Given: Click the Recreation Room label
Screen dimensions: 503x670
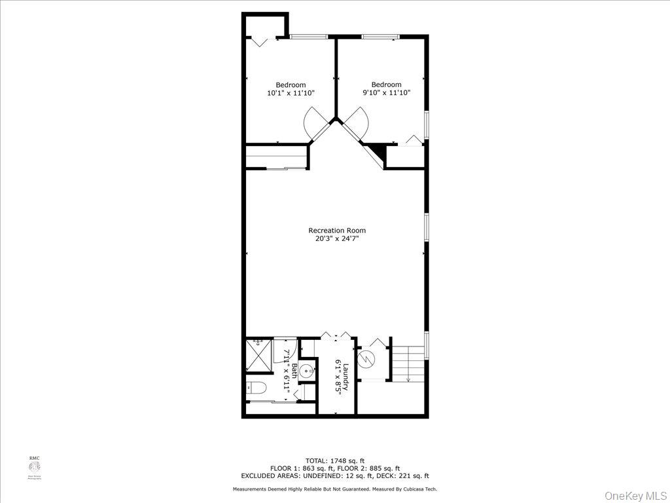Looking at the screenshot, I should pos(337,231).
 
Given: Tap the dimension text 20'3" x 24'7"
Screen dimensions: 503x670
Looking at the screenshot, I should pos(337,239).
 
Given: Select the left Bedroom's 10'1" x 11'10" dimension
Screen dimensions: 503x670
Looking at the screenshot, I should pos(291,93).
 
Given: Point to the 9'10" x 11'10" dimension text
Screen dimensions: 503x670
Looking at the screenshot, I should pos(386,93).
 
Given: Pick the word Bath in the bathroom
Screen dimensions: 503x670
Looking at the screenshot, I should pos(294,371).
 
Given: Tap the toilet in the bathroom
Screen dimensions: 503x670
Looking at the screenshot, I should pos(257,388).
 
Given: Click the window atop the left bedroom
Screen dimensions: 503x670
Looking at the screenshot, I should pos(309,36).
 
